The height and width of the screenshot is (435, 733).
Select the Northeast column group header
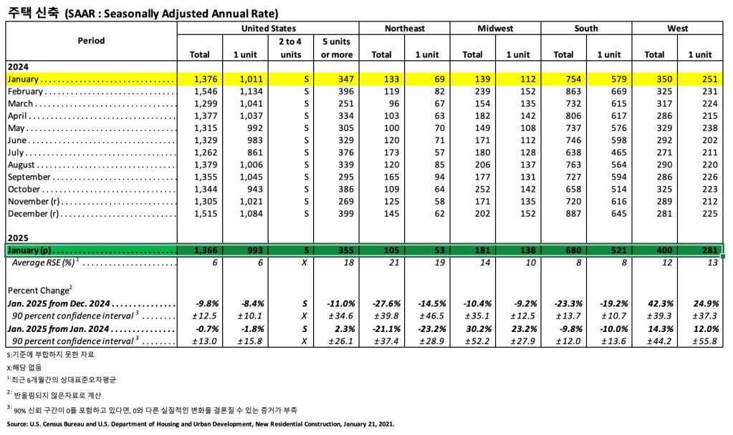tap(404, 29)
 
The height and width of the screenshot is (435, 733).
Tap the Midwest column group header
tap(495, 29)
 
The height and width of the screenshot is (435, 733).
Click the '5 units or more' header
tap(336, 48)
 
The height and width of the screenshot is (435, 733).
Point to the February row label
tap(26, 92)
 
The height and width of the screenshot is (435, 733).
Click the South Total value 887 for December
tap(563, 213)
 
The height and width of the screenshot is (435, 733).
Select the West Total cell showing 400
tap(654, 250)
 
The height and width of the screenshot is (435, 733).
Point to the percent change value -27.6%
tap(380, 303)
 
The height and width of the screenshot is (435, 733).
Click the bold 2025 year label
tap(17, 237)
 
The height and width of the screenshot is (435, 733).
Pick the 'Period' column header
tap(91, 41)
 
